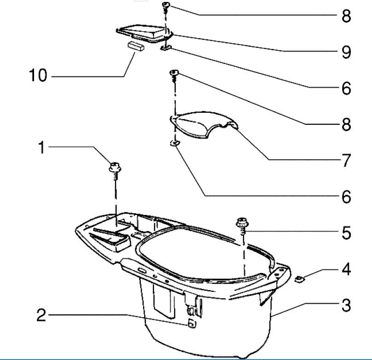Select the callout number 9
(346, 52)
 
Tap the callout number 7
(346, 161)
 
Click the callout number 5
(346, 233)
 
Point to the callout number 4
(346, 269)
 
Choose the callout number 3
(346, 305)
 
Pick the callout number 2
(41, 316)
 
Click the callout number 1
(41, 148)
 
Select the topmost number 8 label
(346, 16)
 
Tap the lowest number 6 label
(346, 197)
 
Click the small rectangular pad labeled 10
(136, 46)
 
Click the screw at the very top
(166, 6)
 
